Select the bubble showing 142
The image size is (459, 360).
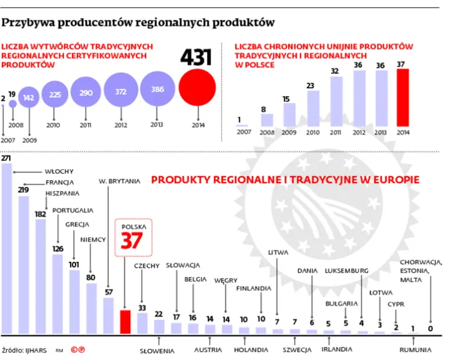tap(29, 98)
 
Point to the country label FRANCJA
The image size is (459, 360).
tap(60, 182)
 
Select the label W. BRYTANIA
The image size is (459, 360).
tap(119, 181)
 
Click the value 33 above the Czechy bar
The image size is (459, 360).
tap(142, 307)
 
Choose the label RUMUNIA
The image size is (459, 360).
tap(415, 350)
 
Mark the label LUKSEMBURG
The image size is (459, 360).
tap(346, 271)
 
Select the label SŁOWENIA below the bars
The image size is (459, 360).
tap(157, 350)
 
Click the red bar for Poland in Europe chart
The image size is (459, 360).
tap(126, 322)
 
